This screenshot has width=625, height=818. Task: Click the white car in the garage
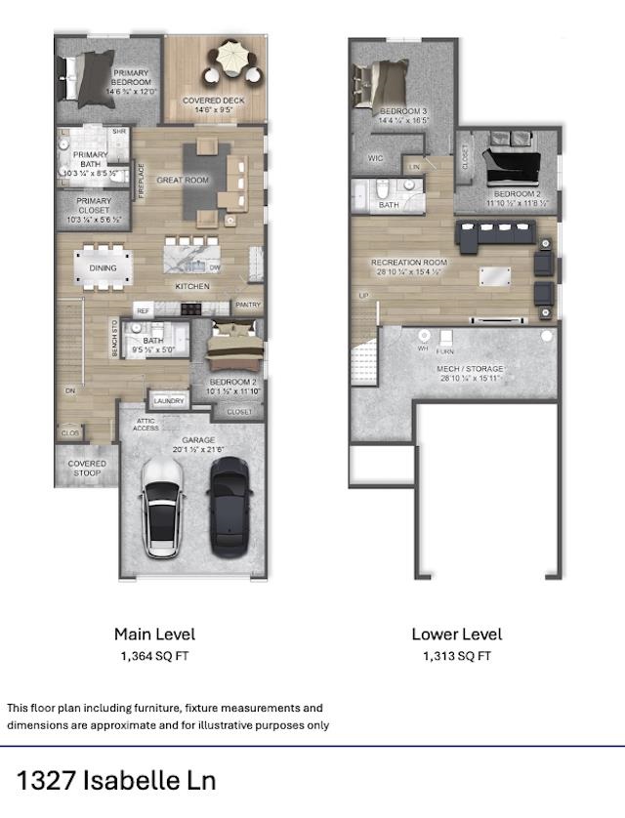[x=162, y=507]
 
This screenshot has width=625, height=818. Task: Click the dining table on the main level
[x=104, y=268]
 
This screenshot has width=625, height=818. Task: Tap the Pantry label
[x=248, y=305]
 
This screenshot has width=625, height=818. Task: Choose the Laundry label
[x=169, y=400]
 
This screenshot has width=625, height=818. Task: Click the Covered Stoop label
[x=87, y=469]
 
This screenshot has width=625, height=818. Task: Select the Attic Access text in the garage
[x=146, y=424]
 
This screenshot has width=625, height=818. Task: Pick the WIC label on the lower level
[x=376, y=157]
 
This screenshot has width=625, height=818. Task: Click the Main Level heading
[x=154, y=634]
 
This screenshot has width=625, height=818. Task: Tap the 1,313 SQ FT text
[x=456, y=657]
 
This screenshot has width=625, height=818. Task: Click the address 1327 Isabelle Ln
[x=115, y=780]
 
